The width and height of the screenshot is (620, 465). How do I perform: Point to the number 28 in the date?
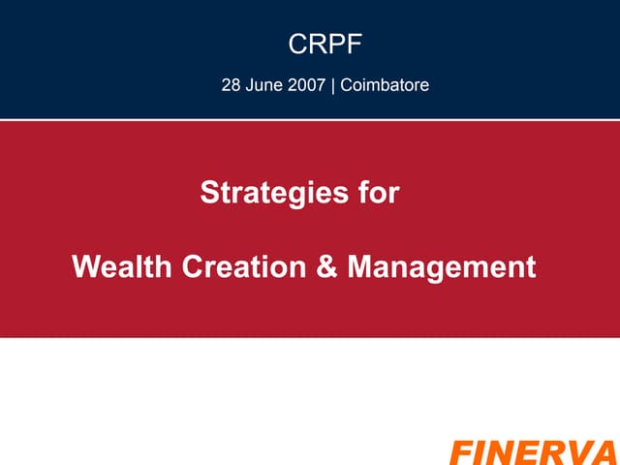coord(232,85)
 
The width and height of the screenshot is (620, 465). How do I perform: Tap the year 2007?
coord(309,85)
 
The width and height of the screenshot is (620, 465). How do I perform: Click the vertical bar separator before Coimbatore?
coord(334,85)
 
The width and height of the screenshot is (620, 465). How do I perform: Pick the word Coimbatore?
coord(384,85)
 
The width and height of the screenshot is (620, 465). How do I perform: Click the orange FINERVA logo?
coord(533,452)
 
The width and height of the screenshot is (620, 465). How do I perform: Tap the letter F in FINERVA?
coord(459,452)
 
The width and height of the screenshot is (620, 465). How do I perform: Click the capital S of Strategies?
coord(208,193)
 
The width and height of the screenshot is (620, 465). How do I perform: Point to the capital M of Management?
coord(359,266)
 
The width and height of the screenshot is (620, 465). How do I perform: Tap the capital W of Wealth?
coord(85,266)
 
